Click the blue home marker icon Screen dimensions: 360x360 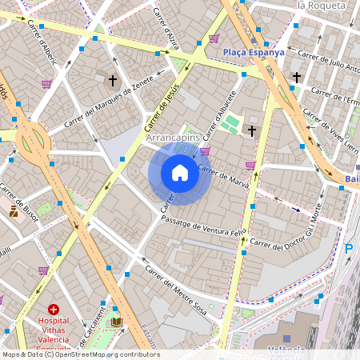coord(180,173)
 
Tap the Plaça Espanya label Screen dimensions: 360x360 coord(254,52)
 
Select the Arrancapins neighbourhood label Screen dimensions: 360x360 coord(174,138)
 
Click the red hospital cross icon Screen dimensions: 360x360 coord(54,309)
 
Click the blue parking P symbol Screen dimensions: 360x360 coord(348,249)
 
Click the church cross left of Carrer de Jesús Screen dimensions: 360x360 coord(113,80)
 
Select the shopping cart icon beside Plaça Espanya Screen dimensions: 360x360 coord(214,38)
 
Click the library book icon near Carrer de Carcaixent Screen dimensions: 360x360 coord(117,322)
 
